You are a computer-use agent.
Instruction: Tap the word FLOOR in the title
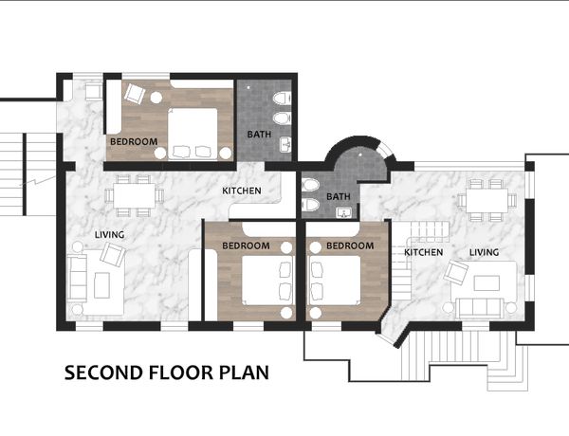point(181,372)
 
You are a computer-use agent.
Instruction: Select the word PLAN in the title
point(245,372)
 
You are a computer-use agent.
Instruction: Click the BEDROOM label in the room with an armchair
point(134,141)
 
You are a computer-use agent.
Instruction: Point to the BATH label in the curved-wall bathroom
point(339,196)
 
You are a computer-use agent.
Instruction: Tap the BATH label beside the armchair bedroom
point(259,135)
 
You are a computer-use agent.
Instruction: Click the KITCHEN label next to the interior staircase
point(424,252)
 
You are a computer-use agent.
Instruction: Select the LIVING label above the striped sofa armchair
point(110,235)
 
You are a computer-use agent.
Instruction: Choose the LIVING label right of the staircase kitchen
point(484,252)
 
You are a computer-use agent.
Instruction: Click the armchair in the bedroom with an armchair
point(135,94)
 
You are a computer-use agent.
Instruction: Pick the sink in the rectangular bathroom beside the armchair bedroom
point(285,145)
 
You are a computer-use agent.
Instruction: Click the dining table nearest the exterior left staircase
point(135,196)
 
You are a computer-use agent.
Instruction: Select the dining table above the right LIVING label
point(486,200)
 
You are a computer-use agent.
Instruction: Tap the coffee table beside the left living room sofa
point(102,285)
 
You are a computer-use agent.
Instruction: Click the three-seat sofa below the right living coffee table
point(479,308)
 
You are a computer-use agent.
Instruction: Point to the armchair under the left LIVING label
point(113,255)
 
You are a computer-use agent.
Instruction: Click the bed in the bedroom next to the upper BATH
point(193,134)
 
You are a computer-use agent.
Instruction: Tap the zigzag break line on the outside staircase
point(38,181)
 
